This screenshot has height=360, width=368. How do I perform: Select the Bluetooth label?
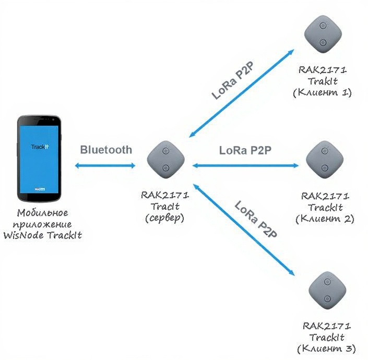(x=106, y=150)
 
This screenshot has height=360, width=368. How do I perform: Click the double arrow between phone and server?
(x=105, y=166)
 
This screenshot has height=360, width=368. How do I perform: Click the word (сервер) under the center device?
(x=165, y=218)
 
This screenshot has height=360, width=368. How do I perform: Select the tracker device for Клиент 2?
(x=325, y=160)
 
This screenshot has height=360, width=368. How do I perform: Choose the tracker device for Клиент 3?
(x=326, y=290)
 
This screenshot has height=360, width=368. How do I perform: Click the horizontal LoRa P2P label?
(x=245, y=150)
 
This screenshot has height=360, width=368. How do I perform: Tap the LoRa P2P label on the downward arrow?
(x=256, y=219)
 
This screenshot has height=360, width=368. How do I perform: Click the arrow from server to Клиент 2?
(x=245, y=165)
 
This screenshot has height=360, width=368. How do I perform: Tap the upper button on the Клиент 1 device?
(x=324, y=27)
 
